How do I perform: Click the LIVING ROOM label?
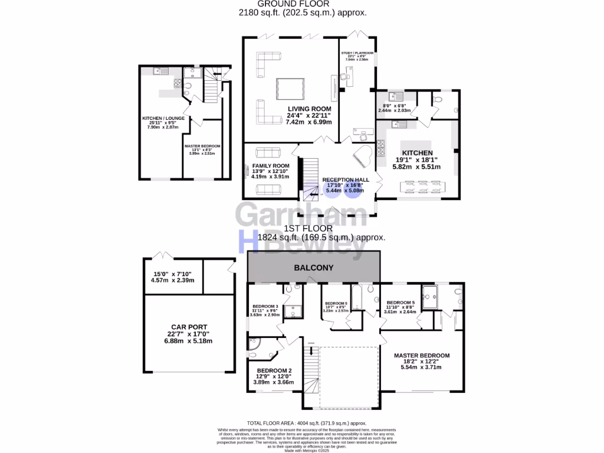coord(309,109)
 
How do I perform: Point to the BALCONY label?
coord(314,268)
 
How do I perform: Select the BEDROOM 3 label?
coord(265,307)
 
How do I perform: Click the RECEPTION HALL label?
coord(345,179)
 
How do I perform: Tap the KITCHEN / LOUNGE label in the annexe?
coord(163,118)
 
